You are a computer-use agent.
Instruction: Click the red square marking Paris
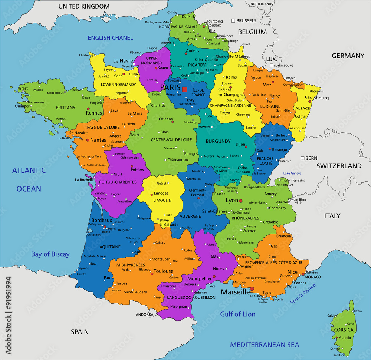pos(185,89)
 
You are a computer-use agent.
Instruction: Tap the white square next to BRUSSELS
pos(233,21)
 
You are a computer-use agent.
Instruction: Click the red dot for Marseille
pos(252,288)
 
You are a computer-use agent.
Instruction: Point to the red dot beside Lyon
pos(241,201)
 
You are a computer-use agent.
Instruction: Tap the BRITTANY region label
pos(65,108)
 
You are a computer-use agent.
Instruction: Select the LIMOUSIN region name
pos(162,200)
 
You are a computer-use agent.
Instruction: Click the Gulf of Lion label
pos(238,314)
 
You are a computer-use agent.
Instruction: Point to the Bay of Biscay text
pos(50,254)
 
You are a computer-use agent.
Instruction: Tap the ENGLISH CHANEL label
pos(110,38)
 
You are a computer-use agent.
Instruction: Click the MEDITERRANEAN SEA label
pos(265,345)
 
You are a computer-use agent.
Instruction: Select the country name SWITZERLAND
pos(339,166)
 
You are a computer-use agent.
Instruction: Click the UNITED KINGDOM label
pos(84,6)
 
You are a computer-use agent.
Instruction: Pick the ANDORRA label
pos(144,314)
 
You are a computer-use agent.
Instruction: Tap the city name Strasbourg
pos(316,98)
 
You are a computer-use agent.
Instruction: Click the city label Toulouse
pos(163,271)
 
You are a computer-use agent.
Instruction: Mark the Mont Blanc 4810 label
pos(298,201)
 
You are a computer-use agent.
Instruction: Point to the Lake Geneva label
pos(292,174)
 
